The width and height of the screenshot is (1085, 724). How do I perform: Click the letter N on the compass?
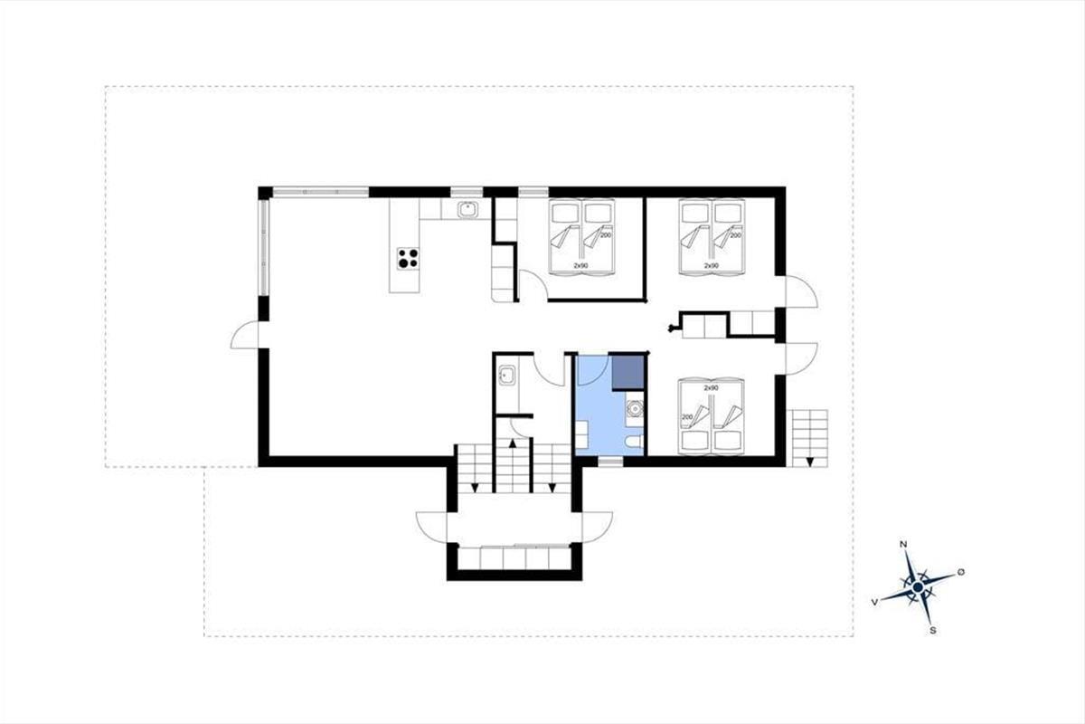[903, 544]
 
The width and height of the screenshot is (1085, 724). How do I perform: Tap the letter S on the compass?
[933, 631]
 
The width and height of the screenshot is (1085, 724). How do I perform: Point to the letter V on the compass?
[874, 602]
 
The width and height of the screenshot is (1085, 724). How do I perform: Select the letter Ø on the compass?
[961, 572]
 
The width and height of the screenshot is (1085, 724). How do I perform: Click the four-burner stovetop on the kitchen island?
[408, 259]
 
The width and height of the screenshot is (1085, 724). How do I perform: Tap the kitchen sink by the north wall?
[468, 209]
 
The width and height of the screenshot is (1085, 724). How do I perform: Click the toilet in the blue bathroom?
[634, 442]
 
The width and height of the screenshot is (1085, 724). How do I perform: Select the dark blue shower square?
[627, 373]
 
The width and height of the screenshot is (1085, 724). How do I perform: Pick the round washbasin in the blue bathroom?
[634, 410]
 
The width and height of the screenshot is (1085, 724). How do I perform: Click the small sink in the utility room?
[507, 376]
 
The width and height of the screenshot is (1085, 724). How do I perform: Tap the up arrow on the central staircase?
[513, 443]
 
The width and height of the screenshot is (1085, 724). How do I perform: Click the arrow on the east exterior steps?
[809, 462]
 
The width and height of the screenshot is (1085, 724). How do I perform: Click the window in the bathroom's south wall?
[610, 462]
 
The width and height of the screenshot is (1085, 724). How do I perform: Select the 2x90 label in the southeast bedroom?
[711, 388]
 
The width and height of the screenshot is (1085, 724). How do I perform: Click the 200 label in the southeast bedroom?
[687, 417]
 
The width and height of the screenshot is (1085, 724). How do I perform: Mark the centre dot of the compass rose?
[918, 587]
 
